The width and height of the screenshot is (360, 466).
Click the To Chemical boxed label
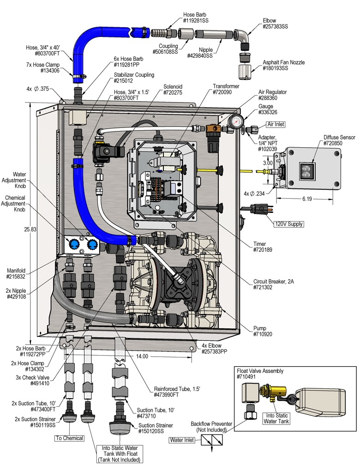click(69, 438)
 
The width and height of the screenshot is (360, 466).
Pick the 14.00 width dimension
click(142, 356)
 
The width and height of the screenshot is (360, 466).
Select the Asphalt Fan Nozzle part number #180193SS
click(276, 68)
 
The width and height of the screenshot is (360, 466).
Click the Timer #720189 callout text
click(263, 247)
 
